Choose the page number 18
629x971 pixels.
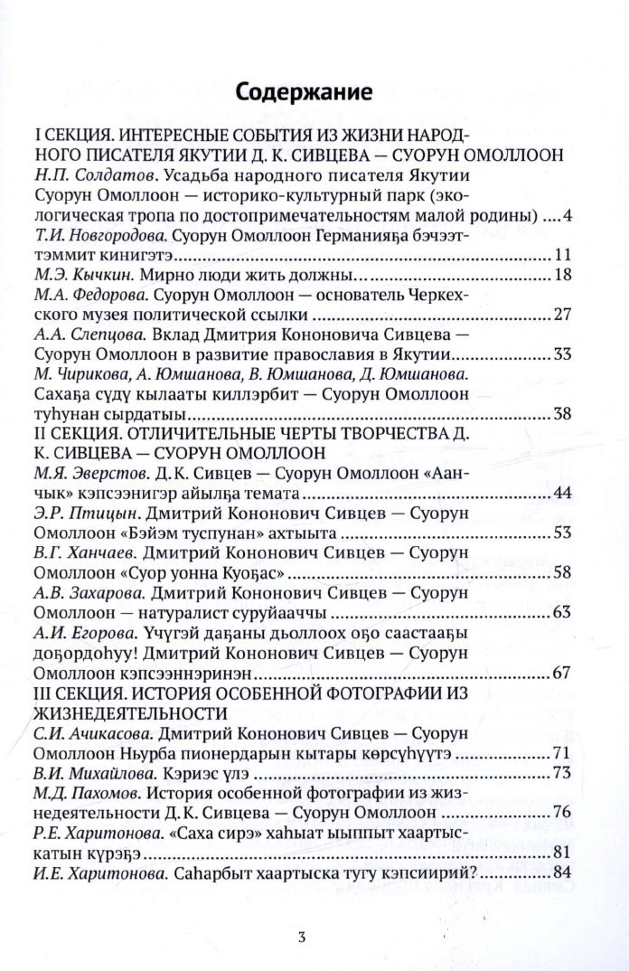pos(562,276)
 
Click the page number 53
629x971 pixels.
pos(562,533)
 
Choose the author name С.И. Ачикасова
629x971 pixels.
pos(89,732)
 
